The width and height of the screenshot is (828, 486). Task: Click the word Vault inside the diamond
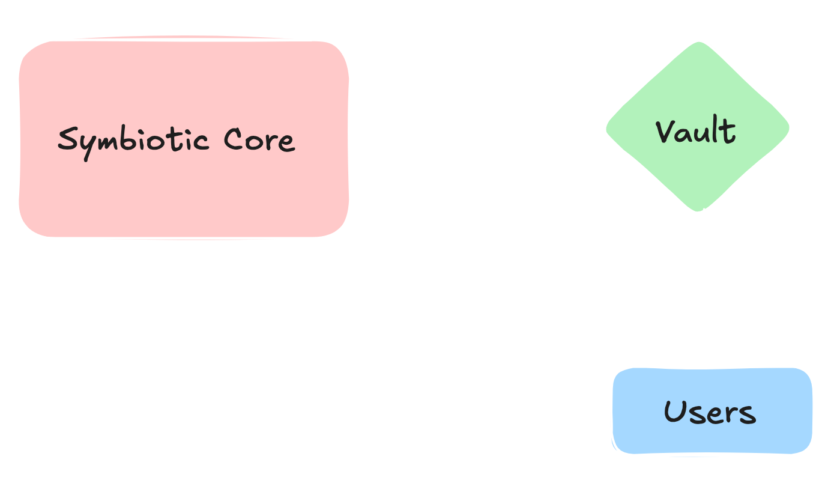coord(695,132)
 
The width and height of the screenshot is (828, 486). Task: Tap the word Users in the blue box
coord(709,412)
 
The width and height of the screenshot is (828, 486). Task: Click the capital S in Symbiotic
coord(68,139)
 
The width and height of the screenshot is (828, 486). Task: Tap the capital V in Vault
coord(665,132)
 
